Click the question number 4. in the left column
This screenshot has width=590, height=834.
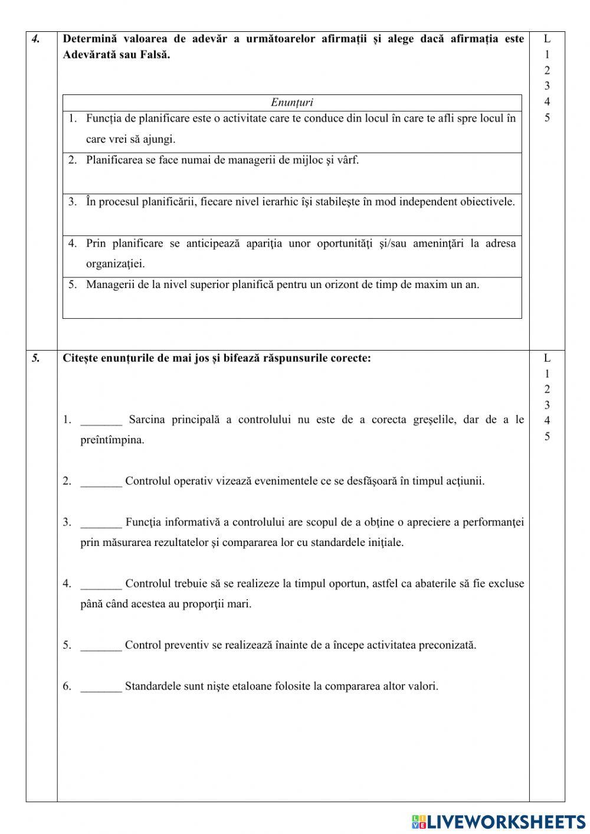(36, 40)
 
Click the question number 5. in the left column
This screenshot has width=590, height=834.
(36, 358)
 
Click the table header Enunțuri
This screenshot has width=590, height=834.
(292, 103)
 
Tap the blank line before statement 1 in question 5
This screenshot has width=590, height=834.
(101, 420)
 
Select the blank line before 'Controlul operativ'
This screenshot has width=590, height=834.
(101, 482)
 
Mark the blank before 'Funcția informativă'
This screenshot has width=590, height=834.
(101, 523)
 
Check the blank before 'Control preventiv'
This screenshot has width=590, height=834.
(101, 646)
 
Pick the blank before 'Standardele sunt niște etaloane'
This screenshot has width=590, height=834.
(101, 687)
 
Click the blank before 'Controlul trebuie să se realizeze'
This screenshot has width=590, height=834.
(101, 584)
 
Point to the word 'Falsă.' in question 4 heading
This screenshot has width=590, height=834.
(154, 55)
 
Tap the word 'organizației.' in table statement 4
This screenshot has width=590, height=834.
(115, 264)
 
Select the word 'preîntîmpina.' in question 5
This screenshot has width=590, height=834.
(112, 440)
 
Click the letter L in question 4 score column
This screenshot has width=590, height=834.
(547, 39)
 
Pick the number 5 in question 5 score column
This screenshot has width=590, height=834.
(547, 437)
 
